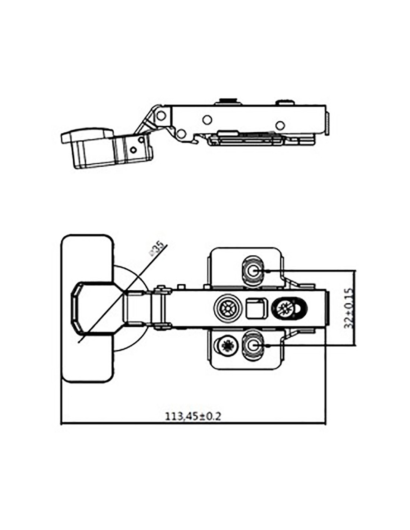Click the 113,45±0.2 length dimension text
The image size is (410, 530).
click(193, 416)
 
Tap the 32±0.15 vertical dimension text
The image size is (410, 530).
click(348, 307)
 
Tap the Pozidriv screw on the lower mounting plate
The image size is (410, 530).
click(227, 346)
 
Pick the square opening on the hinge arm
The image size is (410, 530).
click(256, 308)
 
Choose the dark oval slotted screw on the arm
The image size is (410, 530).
click(290, 308)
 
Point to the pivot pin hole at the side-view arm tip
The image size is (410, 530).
click(161, 116)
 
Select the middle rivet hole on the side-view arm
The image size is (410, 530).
click(207, 120)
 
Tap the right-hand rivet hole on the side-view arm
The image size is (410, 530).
click(281, 124)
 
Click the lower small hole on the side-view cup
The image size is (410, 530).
click(133, 150)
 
